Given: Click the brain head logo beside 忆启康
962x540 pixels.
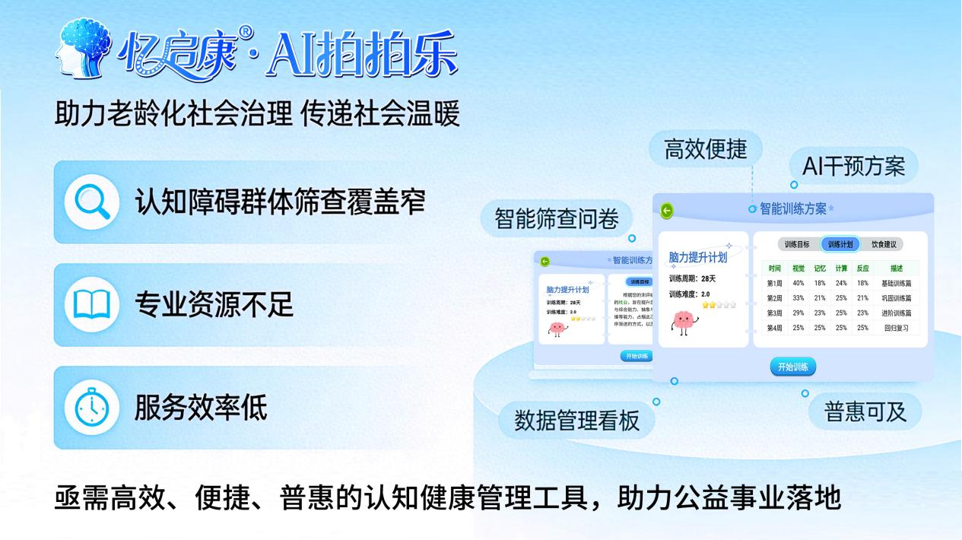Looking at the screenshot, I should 84,49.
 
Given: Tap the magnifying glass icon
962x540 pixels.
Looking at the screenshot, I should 92,202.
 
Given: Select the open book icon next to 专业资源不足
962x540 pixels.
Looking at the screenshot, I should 92,305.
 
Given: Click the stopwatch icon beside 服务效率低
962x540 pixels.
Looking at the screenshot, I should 92,408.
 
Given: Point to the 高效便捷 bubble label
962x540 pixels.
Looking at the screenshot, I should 705,149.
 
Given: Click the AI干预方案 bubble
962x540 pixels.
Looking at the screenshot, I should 853,167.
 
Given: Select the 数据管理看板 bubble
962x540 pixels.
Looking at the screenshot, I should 577,420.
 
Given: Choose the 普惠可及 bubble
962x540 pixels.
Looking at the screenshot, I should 865,411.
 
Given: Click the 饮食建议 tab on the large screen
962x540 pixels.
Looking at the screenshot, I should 883,244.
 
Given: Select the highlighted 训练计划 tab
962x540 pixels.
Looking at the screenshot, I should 840,244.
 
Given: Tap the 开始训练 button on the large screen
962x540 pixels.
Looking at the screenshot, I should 792,367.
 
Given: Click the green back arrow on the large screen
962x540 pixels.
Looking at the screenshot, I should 667,211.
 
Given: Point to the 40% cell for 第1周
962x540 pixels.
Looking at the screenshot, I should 798,283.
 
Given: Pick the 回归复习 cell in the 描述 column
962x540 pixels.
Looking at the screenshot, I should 896,328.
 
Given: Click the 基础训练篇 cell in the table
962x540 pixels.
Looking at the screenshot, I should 896,283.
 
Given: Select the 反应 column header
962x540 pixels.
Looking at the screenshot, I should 862,268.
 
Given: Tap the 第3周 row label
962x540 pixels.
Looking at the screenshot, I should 774,313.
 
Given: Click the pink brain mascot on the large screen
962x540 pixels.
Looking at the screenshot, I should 684,322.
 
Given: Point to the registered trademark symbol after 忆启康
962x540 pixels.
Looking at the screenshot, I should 245,32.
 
